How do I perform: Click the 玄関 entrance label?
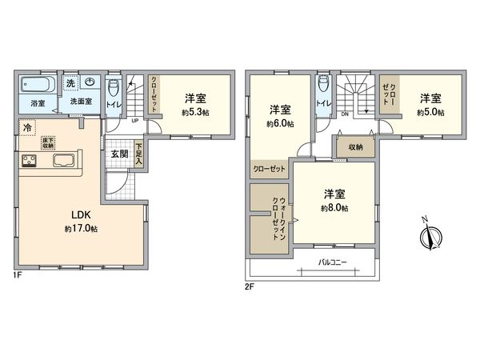tap(118, 153)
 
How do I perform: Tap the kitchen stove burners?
tap(29, 161)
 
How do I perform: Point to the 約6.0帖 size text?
tap(281, 123)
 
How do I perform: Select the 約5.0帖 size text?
tap(428, 113)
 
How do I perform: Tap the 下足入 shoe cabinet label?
tap(139, 153)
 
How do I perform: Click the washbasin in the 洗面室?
tap(90, 82)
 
